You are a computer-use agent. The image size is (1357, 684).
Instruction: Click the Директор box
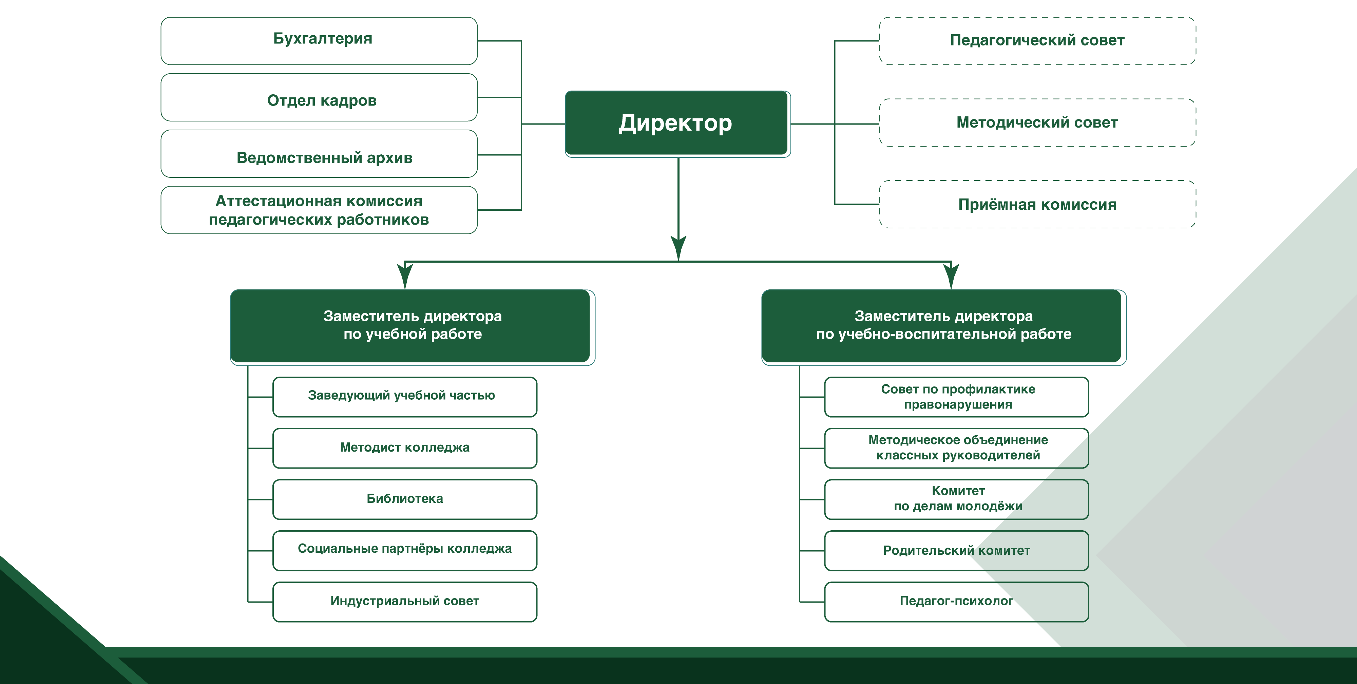pyautogui.click(x=676, y=123)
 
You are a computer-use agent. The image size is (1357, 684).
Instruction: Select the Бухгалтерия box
pyautogui.click(x=319, y=41)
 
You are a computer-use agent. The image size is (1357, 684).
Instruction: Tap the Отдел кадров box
pyautogui.click(x=319, y=98)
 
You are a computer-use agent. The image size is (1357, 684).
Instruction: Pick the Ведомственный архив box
pyautogui.click(x=319, y=155)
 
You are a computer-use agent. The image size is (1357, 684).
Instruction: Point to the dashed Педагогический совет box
pyautogui.click(x=1037, y=41)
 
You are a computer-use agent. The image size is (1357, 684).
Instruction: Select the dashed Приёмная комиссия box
pyautogui.click(x=1037, y=205)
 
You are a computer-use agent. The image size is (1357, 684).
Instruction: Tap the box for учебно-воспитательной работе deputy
pyautogui.click(x=943, y=326)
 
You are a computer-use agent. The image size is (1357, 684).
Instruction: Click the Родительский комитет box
pyautogui.click(x=956, y=551)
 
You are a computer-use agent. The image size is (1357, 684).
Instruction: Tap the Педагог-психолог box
pyautogui.click(x=956, y=601)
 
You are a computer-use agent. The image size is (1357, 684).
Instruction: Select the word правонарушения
pyautogui.click(x=958, y=405)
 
